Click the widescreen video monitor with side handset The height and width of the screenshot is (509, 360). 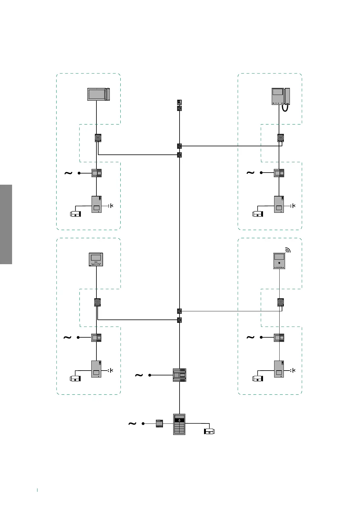pos(99,94)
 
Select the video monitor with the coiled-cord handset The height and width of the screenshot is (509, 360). pos(281,96)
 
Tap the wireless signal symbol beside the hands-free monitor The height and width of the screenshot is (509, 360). pos(288,250)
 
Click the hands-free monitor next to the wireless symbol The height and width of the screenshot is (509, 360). pos(279,261)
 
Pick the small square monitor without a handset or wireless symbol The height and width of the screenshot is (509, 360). pos(96,260)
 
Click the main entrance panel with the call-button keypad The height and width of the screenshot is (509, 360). pos(179,424)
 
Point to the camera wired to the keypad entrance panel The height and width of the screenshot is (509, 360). pos(209,432)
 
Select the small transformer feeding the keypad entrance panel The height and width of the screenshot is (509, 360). pos(159,423)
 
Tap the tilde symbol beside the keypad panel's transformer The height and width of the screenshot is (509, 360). pos(132,424)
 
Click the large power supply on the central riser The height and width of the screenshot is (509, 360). pos(179,375)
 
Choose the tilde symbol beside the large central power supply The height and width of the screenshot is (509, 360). pos(139,375)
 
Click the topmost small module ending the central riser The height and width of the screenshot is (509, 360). pos(179,102)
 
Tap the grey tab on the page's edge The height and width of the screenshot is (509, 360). pos(6,224)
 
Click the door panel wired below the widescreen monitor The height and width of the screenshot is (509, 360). pos(96,204)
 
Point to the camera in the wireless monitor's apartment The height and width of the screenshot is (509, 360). pos(258,378)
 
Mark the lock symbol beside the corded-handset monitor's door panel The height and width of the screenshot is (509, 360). pos(293,206)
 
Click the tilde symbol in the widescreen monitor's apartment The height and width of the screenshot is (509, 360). pos(69,173)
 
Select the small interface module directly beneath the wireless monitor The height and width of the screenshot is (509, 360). pos(281,302)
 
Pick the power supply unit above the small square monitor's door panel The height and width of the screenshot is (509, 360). pos(96,338)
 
